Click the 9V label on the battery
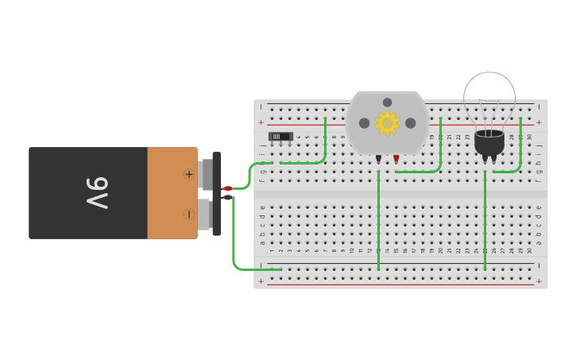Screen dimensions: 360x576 (x=97, y=193)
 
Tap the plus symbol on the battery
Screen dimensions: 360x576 (x=189, y=174)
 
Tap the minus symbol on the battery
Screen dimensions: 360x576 (x=189, y=214)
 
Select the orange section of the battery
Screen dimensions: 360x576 (x=172, y=193)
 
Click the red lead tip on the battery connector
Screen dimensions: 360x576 (x=227, y=188)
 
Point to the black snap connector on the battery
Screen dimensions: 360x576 (x=217, y=193)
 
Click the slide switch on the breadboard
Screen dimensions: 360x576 (x=280, y=137)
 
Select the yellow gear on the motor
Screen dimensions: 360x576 (x=387, y=123)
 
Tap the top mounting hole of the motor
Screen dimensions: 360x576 (x=387, y=103)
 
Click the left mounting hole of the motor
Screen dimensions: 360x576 (x=364, y=123)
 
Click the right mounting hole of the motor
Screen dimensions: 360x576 (x=410, y=123)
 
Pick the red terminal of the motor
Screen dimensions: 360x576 (x=396, y=158)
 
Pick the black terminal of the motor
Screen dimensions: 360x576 (x=378, y=158)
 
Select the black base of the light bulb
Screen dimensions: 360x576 (x=489, y=143)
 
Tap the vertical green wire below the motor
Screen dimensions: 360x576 (x=378, y=223)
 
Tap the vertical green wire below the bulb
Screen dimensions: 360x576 (x=485, y=223)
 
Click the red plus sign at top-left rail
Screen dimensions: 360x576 (x=261, y=122)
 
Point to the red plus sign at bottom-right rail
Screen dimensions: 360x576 (x=539, y=281)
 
